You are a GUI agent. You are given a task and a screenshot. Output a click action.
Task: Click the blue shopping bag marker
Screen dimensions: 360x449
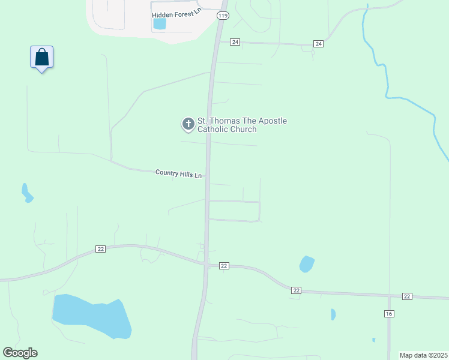point(41,58)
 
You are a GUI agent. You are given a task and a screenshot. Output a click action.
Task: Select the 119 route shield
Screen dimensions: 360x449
point(223,15)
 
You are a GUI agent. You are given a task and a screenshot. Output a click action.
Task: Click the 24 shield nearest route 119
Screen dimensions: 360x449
point(235,42)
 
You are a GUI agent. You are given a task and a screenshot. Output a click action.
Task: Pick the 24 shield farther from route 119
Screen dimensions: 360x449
point(318,44)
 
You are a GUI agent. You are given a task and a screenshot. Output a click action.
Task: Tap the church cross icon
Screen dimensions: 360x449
point(188,124)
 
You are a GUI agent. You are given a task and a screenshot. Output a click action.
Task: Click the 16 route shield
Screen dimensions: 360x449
point(389,314)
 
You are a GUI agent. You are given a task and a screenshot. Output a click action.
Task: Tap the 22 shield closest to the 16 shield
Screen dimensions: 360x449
point(407,296)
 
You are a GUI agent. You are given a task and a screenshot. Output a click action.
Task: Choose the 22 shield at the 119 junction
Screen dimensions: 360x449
point(224,265)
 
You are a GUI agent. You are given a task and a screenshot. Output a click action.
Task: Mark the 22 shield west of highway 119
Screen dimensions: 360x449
point(100,249)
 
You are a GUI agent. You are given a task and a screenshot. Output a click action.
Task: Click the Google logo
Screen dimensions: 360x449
point(20,353)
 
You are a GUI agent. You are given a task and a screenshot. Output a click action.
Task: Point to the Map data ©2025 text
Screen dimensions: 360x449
point(423,355)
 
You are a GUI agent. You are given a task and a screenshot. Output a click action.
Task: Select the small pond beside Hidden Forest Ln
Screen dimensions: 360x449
point(159,24)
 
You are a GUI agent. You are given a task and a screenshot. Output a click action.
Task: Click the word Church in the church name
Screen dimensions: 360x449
point(244,129)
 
